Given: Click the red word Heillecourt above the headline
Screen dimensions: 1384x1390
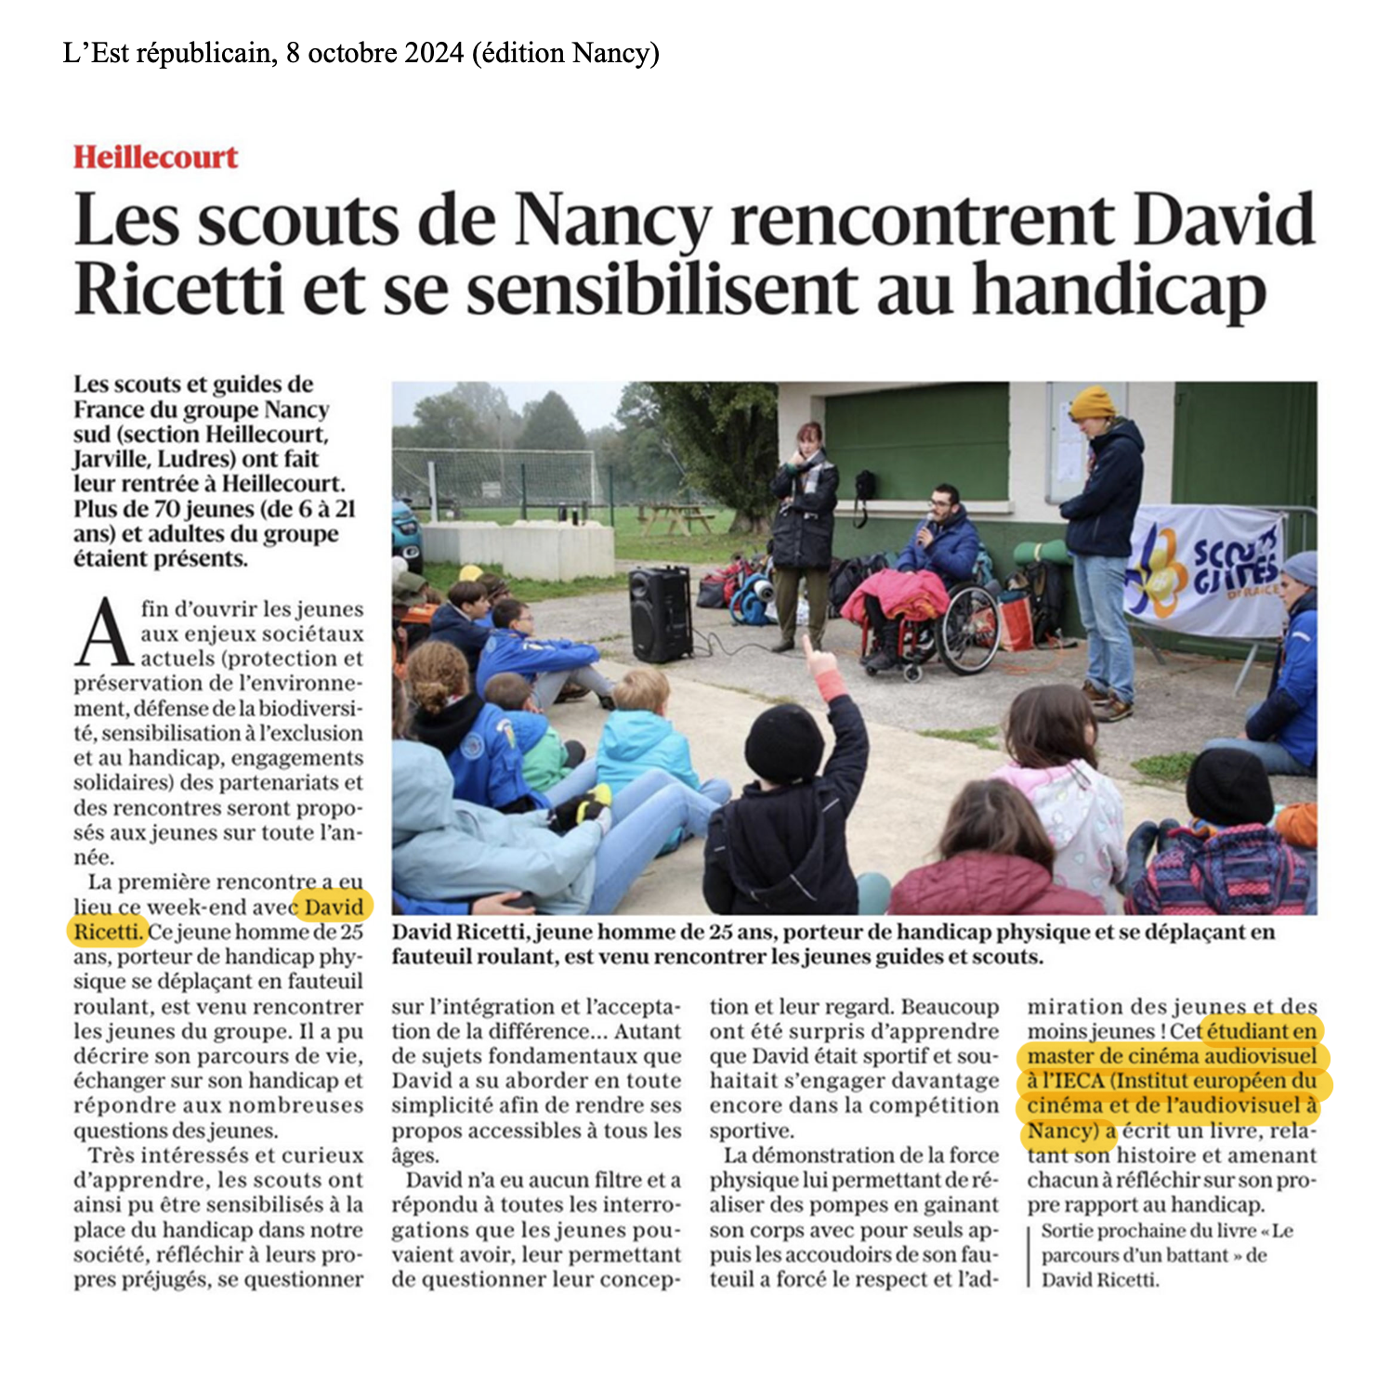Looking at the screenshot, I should point(156,157).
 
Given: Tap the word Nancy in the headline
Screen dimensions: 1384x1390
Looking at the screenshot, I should point(612,220).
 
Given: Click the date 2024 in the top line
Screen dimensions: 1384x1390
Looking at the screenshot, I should point(434,54).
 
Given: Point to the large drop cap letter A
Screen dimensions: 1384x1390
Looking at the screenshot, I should point(104,634).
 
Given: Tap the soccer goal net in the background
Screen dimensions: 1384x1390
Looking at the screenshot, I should point(492,477).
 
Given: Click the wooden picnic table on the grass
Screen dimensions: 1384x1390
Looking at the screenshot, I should point(674,516).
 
